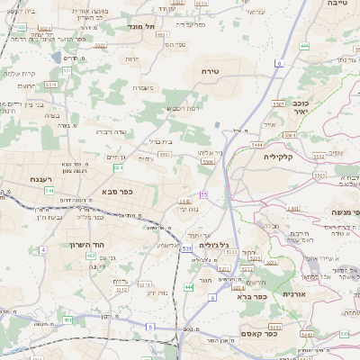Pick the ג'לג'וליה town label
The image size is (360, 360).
tap(212, 245)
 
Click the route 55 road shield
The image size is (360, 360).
tap(204, 194)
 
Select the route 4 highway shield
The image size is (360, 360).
tap(42, 249)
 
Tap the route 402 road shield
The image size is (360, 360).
tap(90, 256)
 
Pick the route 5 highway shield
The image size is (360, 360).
tap(150, 326)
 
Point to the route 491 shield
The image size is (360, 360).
tap(67, 319)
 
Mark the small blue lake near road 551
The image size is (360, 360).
tap(57, 57)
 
